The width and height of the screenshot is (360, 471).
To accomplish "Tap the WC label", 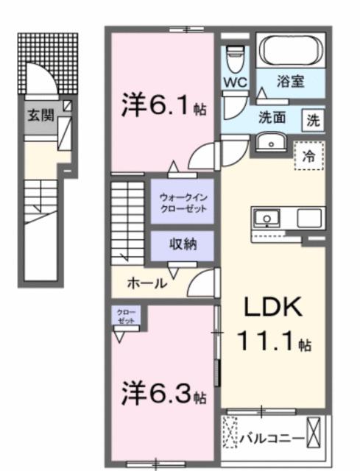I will click(235, 81).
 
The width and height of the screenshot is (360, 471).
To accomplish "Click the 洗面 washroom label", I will click(272, 117).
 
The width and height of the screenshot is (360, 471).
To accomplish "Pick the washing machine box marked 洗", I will click(313, 119).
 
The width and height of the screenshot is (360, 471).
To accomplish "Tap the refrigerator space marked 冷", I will click(309, 155).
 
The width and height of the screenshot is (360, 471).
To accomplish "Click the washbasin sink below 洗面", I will click(272, 141).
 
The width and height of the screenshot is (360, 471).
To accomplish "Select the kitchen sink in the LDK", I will click(265, 219).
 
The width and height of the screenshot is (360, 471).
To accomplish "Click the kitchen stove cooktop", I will click(310, 219).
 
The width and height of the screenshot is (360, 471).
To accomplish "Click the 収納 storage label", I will click(183, 245).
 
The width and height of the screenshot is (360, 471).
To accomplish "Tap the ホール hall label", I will click(147, 283).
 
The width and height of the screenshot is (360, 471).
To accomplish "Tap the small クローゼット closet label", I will click(125, 316).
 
